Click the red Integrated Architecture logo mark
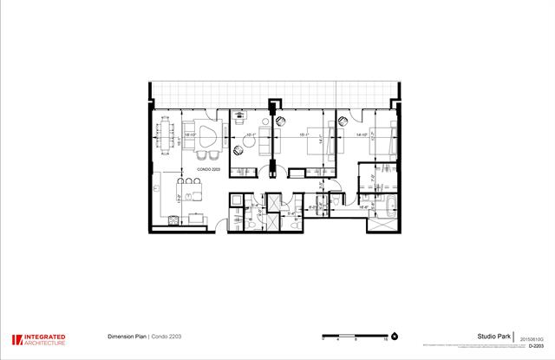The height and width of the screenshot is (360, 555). coord(16,340)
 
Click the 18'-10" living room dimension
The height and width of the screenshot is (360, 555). coord(188,135)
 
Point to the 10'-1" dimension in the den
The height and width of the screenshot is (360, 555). coord(250,136)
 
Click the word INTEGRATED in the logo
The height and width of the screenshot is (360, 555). coord(44,337)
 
